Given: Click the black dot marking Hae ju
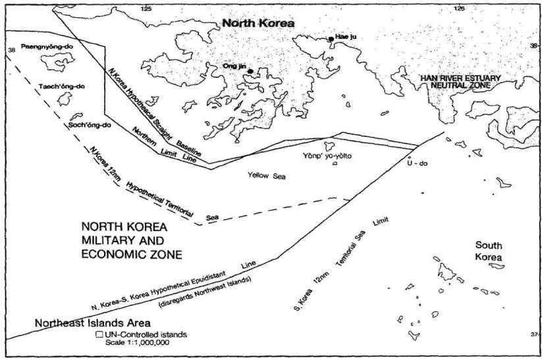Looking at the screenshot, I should (x=331, y=39).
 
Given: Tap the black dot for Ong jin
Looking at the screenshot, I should (x=250, y=71).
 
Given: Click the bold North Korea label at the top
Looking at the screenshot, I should (x=258, y=23).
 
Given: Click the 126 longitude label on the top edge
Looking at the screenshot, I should (x=458, y=8).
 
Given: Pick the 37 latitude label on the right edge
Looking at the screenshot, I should (x=533, y=335).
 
